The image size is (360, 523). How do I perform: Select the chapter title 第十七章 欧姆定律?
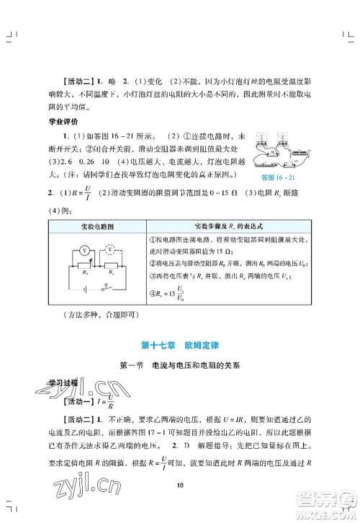[180, 345]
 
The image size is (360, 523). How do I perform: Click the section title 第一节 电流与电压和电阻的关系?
[180, 365]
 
